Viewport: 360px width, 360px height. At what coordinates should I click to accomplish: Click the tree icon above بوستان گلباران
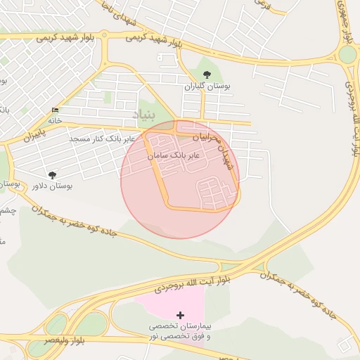207,75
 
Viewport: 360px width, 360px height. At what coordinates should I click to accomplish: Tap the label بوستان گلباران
207,86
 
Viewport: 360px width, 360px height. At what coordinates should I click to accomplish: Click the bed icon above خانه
55,110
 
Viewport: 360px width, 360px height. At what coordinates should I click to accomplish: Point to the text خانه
55,120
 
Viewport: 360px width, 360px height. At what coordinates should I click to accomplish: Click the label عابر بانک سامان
174,153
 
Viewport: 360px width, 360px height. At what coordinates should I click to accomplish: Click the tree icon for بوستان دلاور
52,174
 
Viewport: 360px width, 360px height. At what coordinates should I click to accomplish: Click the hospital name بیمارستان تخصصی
180,327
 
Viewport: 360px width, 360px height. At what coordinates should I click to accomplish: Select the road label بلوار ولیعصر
65,340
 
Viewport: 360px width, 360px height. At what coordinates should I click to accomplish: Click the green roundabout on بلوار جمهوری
347,54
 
